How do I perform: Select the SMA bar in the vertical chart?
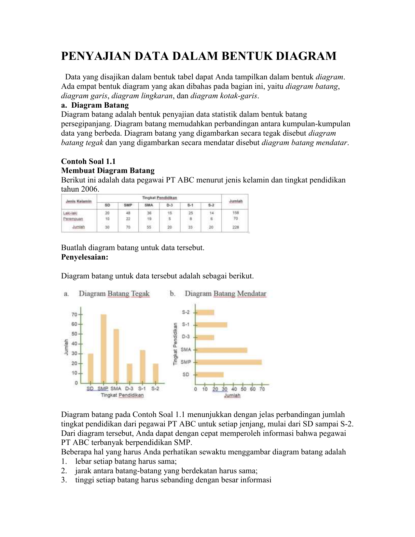(x=116, y=356)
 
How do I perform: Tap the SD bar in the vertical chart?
(x=90, y=368)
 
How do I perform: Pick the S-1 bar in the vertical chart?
(x=143, y=366)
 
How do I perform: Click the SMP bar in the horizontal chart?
(x=229, y=362)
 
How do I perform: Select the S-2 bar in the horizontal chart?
(x=205, y=312)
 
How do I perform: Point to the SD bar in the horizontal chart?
(x=210, y=375)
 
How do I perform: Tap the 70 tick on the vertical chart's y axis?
(x=75, y=315)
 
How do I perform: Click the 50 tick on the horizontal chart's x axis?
(x=243, y=389)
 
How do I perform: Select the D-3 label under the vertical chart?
(x=129, y=389)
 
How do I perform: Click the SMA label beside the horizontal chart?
(x=186, y=350)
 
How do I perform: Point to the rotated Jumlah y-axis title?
(x=66, y=347)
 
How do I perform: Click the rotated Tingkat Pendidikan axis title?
(x=175, y=343)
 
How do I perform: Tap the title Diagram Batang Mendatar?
(x=225, y=294)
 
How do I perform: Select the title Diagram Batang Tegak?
(x=114, y=294)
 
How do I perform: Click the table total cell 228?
(x=236, y=227)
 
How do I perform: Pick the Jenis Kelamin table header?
(x=79, y=201)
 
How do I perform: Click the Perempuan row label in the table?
(x=73, y=219)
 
